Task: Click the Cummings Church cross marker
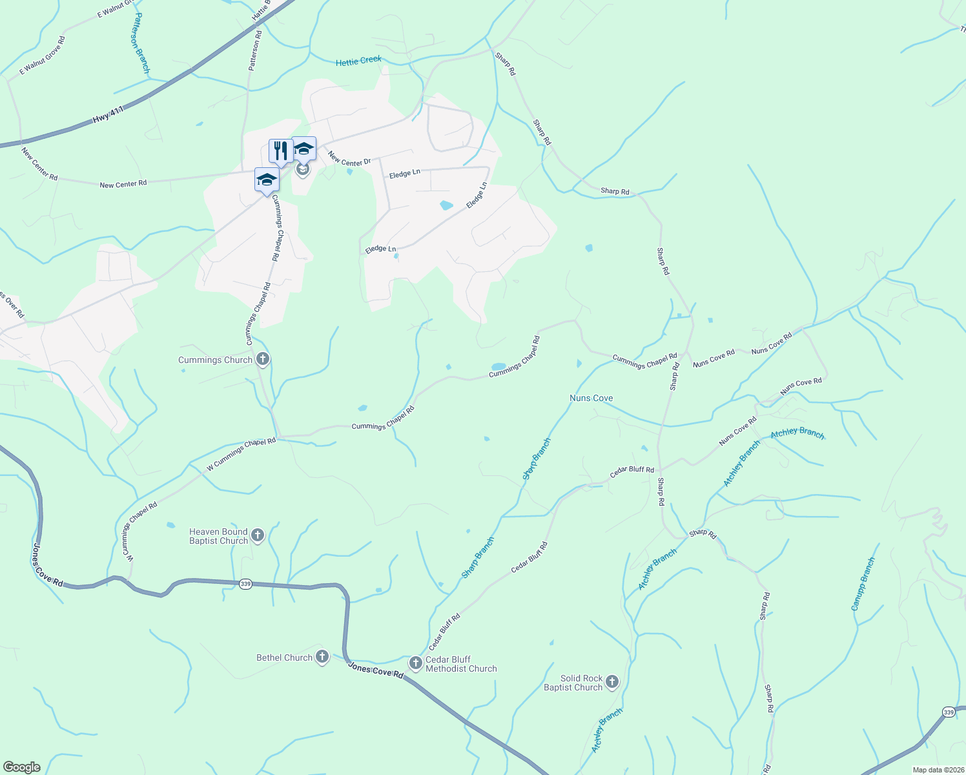click(262, 359)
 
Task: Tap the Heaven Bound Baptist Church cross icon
click(258, 535)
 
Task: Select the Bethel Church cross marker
click(322, 657)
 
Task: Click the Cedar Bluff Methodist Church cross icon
click(416, 663)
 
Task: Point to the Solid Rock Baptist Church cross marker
click(612, 682)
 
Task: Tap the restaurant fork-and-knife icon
click(280, 151)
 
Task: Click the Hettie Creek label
click(358, 61)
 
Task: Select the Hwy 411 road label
click(108, 116)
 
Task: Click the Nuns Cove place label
click(591, 398)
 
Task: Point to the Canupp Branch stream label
click(863, 584)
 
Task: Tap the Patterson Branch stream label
click(141, 43)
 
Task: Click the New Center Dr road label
click(349, 159)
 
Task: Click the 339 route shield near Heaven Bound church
click(245, 584)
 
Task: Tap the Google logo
click(22, 767)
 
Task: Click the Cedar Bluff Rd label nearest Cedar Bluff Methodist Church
click(444, 632)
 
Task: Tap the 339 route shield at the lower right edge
click(948, 712)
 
